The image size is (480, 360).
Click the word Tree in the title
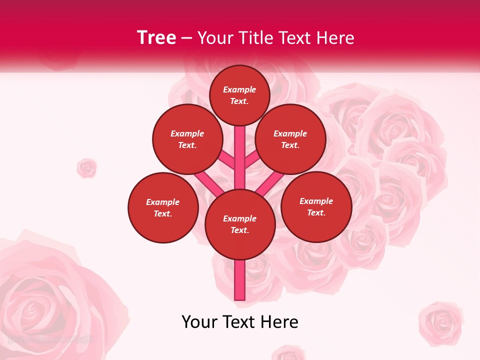tap(156, 37)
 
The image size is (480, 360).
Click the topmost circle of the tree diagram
tap(239, 95)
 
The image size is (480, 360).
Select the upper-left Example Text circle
tap(187, 139)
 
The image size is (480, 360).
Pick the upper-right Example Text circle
tap(290, 139)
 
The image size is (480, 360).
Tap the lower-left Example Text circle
tap(163, 207)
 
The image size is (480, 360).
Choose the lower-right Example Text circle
tap(316, 206)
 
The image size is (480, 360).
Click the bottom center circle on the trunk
tap(240, 224)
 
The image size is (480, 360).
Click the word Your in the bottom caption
tap(200, 321)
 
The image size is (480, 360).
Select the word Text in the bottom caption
tap(241, 321)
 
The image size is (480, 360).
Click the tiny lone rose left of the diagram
tap(86, 168)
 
